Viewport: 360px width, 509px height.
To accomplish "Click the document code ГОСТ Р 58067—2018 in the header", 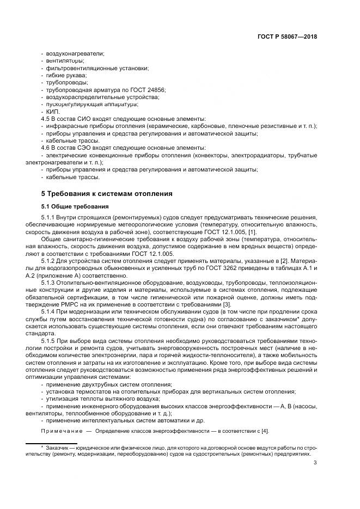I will click(288, 37).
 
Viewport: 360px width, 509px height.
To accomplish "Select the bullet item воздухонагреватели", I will click(76, 53).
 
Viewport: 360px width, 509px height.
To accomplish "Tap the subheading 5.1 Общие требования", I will click(75, 206).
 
